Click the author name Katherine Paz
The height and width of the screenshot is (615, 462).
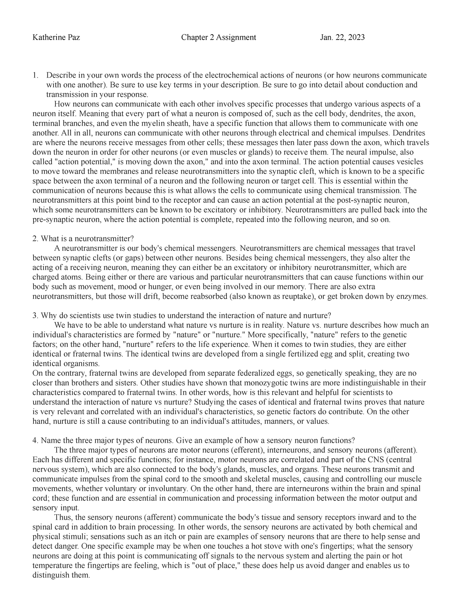56,37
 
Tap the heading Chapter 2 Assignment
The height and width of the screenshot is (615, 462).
218,37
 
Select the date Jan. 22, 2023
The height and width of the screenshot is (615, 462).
342,37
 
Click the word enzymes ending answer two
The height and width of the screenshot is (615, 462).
415,297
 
